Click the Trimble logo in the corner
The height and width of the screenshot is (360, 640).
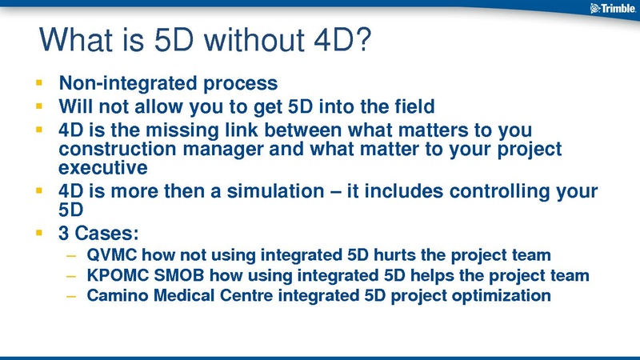point(613,8)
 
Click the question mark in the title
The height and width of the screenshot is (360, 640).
point(361,39)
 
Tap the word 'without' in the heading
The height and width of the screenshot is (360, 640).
point(254,39)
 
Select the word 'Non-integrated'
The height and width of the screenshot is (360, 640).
point(128,83)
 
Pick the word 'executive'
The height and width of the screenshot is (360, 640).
point(103,168)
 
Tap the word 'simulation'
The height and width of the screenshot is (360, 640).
point(275,191)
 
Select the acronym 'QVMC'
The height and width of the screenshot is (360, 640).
point(111,254)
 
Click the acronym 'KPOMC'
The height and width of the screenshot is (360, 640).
point(118,275)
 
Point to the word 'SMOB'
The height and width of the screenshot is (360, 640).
point(178,275)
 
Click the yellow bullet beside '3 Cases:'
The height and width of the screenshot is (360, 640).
point(39,233)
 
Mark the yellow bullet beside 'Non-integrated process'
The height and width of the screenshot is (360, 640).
point(39,83)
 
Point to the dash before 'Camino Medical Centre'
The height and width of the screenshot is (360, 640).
point(71,297)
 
